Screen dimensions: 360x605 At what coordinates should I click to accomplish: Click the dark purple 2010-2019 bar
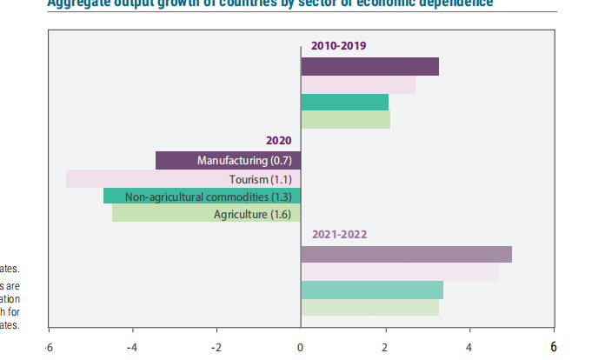coord(369,66)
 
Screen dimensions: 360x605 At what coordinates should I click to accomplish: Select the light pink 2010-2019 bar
coord(357,85)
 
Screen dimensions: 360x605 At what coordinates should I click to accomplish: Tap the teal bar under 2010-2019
coord(344,103)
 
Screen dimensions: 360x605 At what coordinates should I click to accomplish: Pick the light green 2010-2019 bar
coord(345,120)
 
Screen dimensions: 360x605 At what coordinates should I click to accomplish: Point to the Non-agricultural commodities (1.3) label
coord(210,197)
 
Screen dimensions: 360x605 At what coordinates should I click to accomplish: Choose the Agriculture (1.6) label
coord(254,214)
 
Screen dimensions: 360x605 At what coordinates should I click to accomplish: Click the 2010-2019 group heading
coord(339,45)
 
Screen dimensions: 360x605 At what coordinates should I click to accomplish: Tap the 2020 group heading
coord(278,140)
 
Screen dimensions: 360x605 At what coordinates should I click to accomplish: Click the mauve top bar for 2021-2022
coord(406,254)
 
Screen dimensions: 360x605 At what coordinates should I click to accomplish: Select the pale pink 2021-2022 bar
coord(400,272)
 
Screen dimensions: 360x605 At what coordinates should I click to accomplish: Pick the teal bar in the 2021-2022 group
coord(372,290)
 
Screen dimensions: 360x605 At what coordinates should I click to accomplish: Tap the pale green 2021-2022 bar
coord(369,307)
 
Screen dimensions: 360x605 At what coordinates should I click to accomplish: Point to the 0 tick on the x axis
coord(301,347)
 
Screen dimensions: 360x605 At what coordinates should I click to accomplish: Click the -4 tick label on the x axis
coord(131,347)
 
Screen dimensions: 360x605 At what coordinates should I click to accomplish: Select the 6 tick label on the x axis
coord(554,346)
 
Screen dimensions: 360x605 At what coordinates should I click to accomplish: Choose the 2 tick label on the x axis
coord(385,347)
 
